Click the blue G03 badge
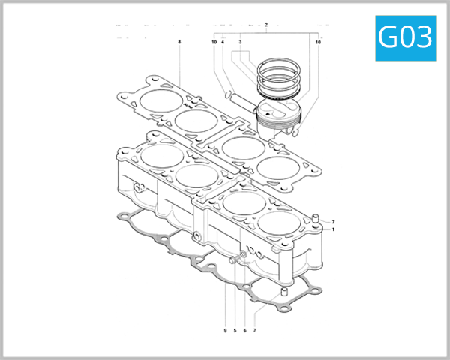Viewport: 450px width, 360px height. pos(406,37)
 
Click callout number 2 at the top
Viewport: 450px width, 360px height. pos(266,25)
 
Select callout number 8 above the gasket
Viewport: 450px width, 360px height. pos(180,43)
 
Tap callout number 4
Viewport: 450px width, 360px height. pos(223,43)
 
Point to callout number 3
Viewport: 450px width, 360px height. pos(240,43)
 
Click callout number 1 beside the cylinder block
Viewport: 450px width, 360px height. pos(333,229)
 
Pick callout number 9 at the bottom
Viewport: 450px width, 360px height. pos(224,331)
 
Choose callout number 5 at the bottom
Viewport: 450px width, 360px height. pos(235,331)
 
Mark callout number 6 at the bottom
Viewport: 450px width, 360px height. pos(244,331)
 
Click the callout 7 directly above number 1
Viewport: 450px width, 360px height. pos(333,222)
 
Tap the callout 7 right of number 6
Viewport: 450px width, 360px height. pos(254,331)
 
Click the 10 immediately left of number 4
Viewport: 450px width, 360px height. pos(214,43)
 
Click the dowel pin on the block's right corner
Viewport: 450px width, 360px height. pos(316,220)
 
